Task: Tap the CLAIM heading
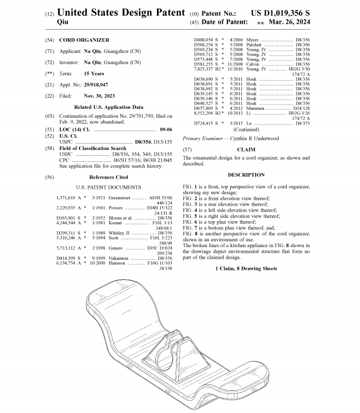pyautogui.click(x=245, y=150)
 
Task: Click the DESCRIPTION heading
pyautogui.click(x=245, y=174)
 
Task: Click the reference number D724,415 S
pyautogui.click(x=205, y=123)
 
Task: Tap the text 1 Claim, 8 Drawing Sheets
pyautogui.click(x=245, y=269)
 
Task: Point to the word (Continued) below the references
pyautogui.click(x=246, y=129)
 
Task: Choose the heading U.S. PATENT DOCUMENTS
pyautogui.click(x=108, y=188)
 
